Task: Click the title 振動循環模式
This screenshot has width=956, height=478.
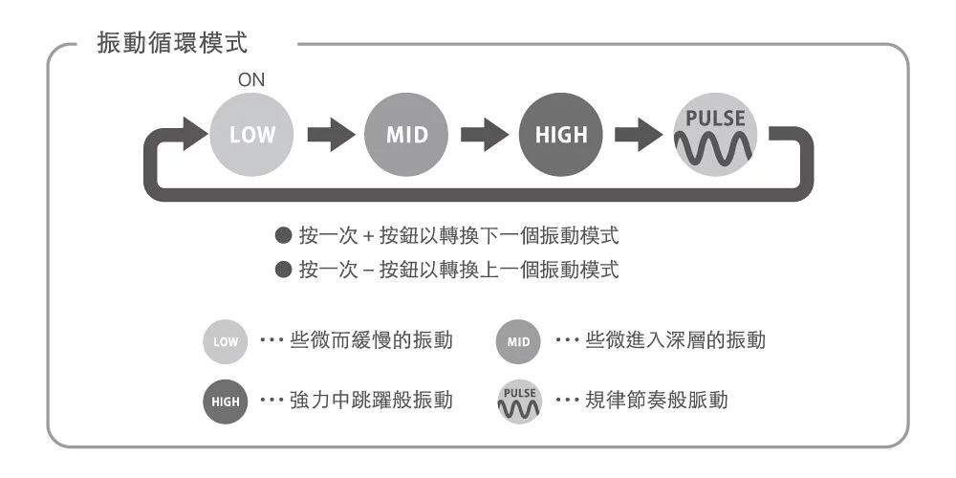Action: [x=175, y=44]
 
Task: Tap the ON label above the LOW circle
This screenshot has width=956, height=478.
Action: [x=251, y=81]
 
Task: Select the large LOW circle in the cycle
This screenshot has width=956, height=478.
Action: [x=251, y=135]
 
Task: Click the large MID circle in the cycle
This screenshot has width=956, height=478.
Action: [x=406, y=135]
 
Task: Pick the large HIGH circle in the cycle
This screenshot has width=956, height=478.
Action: [x=561, y=135]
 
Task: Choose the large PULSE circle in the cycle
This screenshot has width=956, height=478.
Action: [x=716, y=135]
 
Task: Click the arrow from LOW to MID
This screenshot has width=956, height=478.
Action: [x=329, y=136]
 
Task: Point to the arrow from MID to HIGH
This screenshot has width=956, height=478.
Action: [x=484, y=136]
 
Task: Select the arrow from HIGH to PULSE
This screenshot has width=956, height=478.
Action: [x=639, y=136]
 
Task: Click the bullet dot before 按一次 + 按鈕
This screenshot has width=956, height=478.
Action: [x=282, y=235]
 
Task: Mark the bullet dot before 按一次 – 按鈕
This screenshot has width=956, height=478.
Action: [x=282, y=271]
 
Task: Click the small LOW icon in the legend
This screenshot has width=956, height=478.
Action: [x=226, y=341]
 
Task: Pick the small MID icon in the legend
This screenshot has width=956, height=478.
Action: [x=518, y=341]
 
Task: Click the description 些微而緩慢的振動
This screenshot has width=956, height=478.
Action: [x=371, y=341]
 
